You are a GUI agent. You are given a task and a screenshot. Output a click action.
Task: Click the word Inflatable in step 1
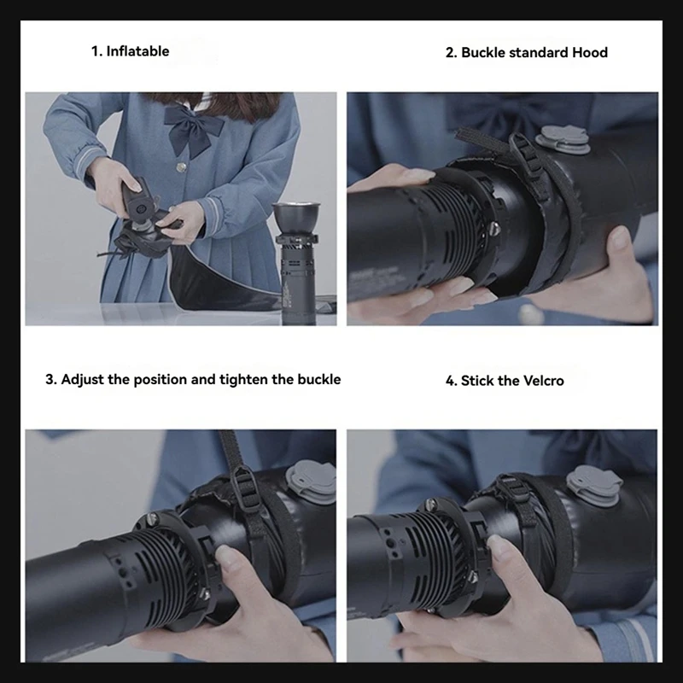coord(137,51)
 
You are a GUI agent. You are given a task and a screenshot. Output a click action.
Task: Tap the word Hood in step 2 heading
coord(590,52)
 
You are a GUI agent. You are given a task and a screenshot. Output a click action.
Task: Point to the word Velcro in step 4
coord(543,381)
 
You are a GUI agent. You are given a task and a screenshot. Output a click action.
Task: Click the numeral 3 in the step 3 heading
coord(50,379)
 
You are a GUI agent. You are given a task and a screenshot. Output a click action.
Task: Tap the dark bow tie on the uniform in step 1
coord(193,129)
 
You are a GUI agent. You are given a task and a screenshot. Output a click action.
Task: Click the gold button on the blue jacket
coord(181,166)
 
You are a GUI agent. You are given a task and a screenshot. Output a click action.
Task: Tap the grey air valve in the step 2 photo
coord(563,139)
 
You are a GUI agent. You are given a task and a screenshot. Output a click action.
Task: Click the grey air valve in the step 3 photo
coord(312,482)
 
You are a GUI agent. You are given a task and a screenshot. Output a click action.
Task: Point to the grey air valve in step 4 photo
coord(594,485)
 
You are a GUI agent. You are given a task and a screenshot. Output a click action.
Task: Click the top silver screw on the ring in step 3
coord(151,519)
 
